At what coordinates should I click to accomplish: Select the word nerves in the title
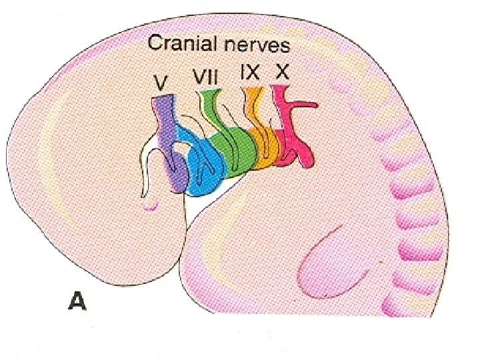point(256,46)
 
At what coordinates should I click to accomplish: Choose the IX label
point(250,73)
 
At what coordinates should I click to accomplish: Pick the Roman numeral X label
point(282,73)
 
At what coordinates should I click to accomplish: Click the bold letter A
point(78,303)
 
